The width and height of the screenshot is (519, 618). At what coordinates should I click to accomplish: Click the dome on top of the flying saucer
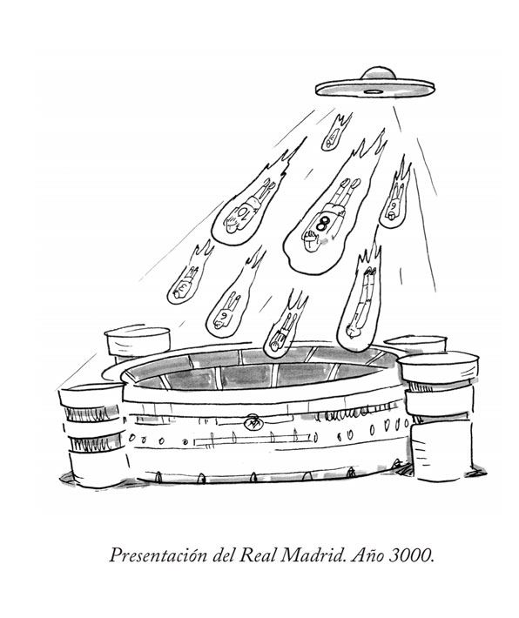pos(378,74)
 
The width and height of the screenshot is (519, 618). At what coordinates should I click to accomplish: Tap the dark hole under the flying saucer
pos(373,92)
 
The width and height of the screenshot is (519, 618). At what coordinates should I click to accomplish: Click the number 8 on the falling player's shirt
pos(321,224)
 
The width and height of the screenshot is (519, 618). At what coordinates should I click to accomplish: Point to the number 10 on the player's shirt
pos(241,213)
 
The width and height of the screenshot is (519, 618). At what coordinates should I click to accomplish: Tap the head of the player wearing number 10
pos(230,225)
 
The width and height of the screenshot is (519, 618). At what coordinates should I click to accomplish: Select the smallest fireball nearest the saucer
pos(335,133)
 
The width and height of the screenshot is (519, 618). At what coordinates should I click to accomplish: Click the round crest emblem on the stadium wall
pos(253,423)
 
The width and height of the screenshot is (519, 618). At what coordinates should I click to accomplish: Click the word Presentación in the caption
pos(158,555)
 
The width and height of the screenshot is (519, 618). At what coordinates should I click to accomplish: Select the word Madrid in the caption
pos(313,555)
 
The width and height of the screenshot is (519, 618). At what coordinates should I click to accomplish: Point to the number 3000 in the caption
pos(412,555)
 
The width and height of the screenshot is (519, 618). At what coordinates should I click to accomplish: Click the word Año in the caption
pos(367,555)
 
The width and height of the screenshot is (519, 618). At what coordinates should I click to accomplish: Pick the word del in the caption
pos(224,555)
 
